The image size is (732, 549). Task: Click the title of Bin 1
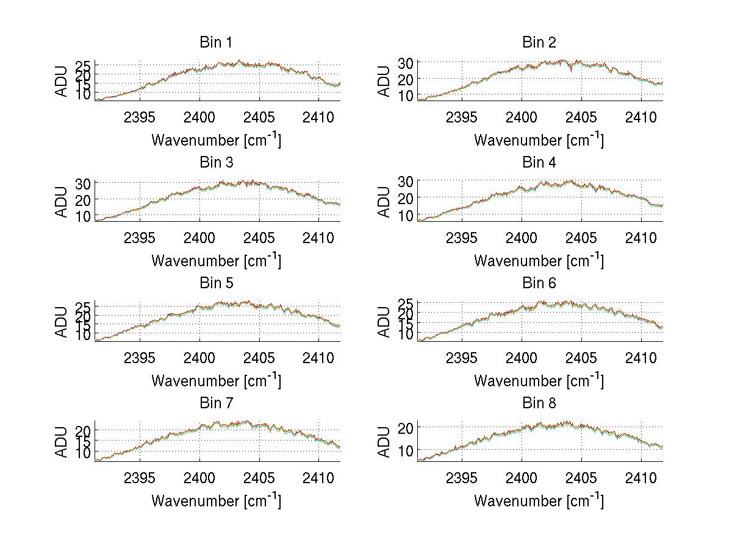[x=216, y=43]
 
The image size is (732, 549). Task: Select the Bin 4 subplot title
[x=539, y=163]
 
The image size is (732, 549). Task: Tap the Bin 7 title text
[x=216, y=403]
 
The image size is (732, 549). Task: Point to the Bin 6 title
[x=539, y=283]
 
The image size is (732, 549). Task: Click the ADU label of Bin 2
[x=384, y=81]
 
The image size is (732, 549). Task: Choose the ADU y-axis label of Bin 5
[x=62, y=322]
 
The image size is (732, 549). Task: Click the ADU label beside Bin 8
[x=384, y=442]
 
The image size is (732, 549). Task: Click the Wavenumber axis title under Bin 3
[x=216, y=260]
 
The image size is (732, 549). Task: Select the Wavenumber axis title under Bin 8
[x=539, y=500]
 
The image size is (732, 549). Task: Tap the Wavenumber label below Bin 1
[x=216, y=140]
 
